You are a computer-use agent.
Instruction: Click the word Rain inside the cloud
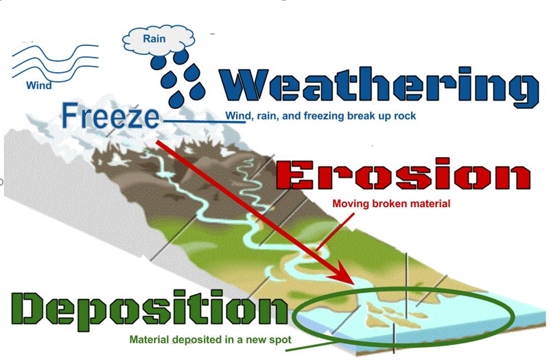tap(154, 38)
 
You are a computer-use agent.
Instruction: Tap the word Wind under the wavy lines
tap(39, 85)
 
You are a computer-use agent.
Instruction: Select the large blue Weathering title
tap(379, 86)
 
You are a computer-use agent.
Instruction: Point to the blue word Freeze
tap(110, 115)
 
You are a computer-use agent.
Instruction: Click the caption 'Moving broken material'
tap(391, 204)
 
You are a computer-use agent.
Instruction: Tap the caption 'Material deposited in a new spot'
tap(211, 339)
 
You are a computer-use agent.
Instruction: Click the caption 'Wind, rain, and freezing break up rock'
tap(320, 116)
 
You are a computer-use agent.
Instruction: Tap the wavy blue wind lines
tap(56, 62)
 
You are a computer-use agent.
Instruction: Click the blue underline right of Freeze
tap(205, 122)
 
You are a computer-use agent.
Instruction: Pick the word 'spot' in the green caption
tap(281, 340)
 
